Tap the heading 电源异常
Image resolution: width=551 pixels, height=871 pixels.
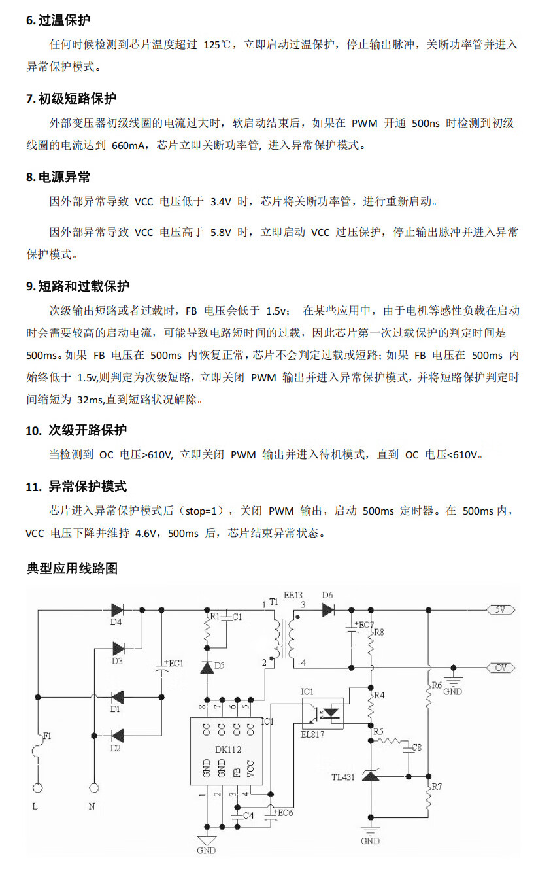click(x=64, y=177)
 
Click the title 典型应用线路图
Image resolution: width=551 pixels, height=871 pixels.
click(x=72, y=568)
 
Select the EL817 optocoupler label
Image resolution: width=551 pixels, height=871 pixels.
click(x=312, y=734)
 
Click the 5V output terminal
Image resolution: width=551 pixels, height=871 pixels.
click(x=501, y=609)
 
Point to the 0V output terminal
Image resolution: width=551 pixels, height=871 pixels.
click(x=501, y=668)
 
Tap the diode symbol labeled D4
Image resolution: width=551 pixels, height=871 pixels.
click(x=118, y=609)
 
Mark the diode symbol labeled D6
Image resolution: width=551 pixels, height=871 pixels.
click(x=328, y=609)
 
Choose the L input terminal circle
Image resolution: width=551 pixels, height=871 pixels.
click(x=37, y=789)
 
